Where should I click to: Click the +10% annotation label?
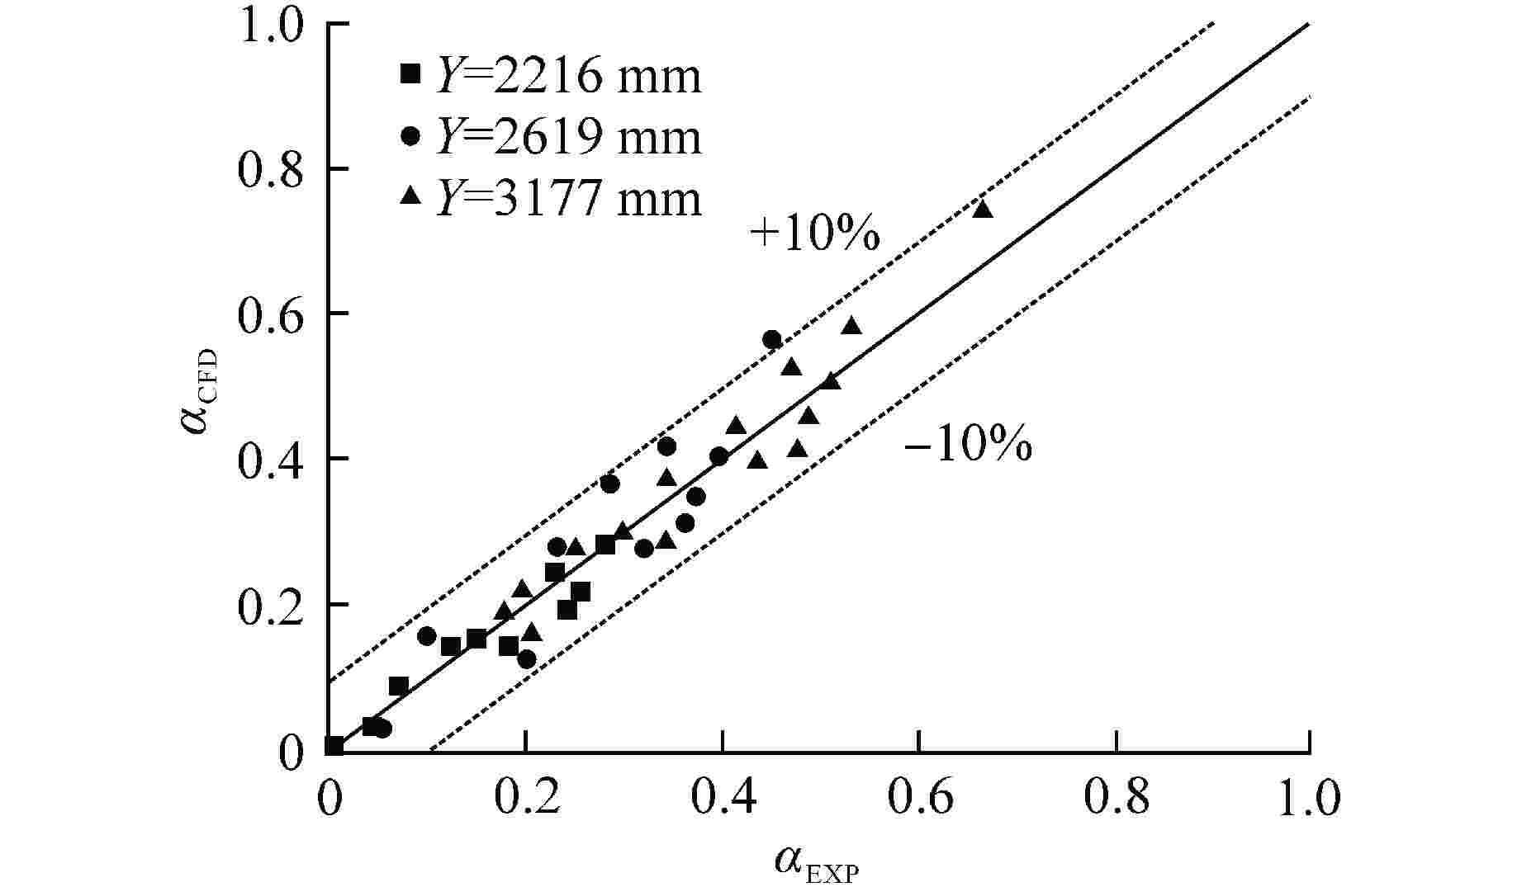814,235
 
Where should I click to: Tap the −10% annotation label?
968,446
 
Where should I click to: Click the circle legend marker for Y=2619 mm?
410,136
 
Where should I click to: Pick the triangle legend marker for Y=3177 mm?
410,196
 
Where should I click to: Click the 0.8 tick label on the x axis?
1115,799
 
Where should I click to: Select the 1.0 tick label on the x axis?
1309,799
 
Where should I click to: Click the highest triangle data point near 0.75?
982,209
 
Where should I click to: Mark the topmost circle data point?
772,339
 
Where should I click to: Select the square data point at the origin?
334,746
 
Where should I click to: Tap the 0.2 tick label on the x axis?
525,799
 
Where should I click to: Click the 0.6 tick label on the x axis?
918,799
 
